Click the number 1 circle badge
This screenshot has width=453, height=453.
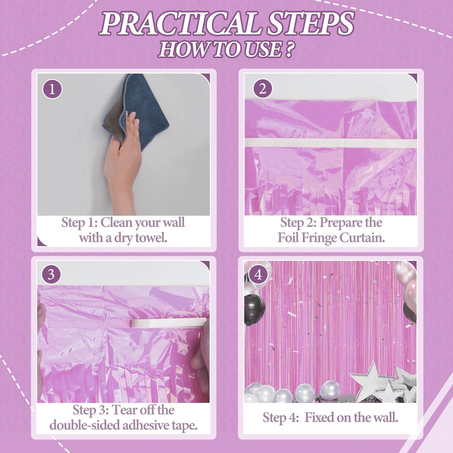(52, 89)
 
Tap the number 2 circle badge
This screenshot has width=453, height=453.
(263, 89)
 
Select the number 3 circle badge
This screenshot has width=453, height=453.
(51, 275)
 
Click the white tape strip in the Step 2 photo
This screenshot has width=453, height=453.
(331, 143)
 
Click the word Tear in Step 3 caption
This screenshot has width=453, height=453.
(124, 410)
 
